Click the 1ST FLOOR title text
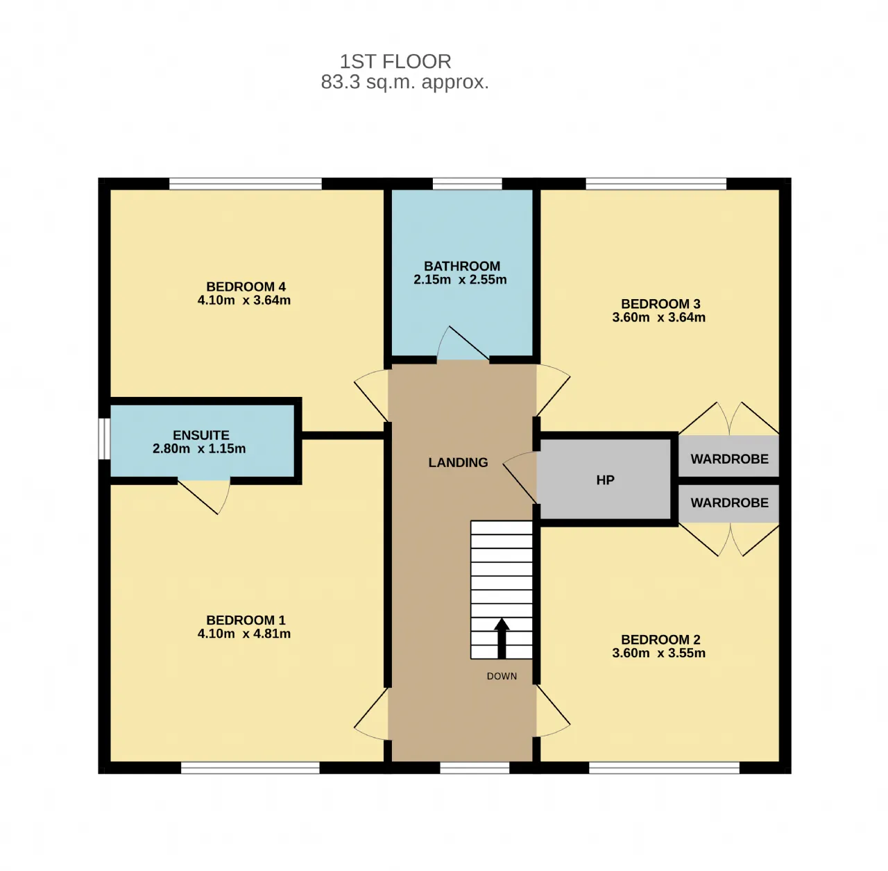coord(395,61)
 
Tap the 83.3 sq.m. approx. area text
coord(404,83)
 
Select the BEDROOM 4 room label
coord(246,287)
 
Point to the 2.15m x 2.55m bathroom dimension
coord(460,280)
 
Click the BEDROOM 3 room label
coord(660,304)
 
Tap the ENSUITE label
coord(201,435)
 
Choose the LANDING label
coord(458,462)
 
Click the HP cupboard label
coord(605,480)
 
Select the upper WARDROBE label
coord(729,459)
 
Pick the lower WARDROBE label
coord(729,502)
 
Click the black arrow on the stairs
coord(502,639)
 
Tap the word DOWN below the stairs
coord(502,676)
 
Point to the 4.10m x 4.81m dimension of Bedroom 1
coord(244,634)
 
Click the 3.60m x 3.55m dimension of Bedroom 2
coord(658,653)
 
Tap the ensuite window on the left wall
coord(105,439)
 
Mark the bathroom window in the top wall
coord(467,184)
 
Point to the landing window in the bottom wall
coord(475,768)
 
